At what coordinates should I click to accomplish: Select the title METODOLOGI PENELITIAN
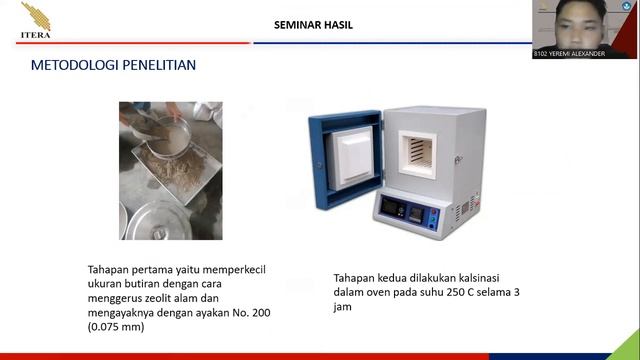tap(113, 66)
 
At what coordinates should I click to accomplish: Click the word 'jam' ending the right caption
tap(344, 307)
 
